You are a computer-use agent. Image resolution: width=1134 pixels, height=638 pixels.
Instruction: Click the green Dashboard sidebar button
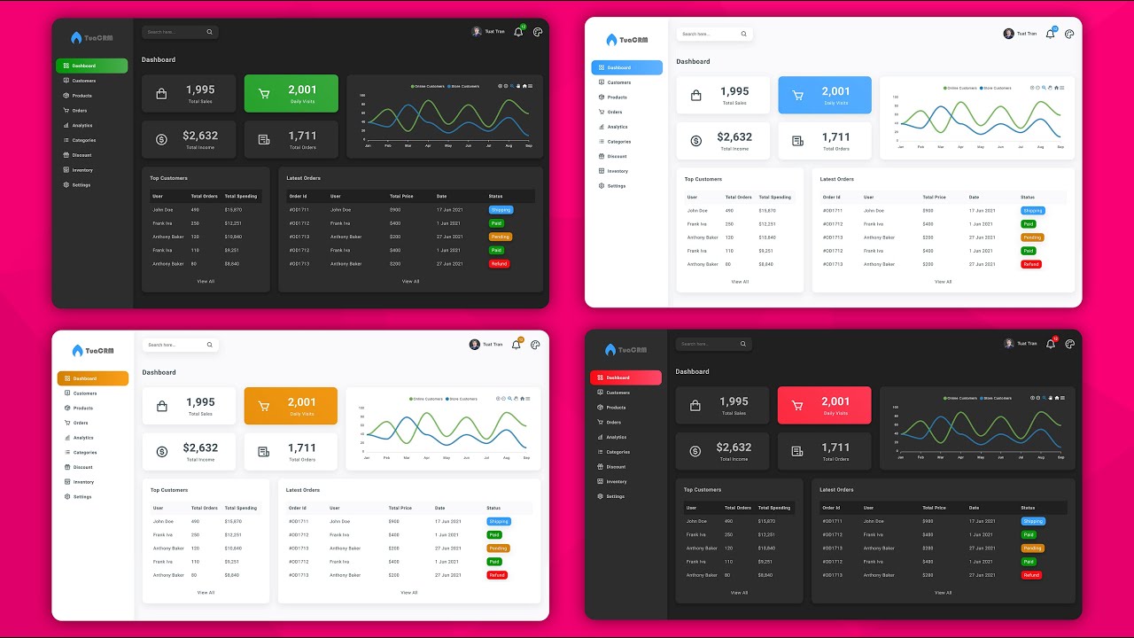tap(80, 66)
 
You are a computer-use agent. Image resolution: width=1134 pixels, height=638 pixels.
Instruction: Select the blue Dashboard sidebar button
tap(626, 67)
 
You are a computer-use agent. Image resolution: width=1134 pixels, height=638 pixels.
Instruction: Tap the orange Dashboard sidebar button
tap(92, 378)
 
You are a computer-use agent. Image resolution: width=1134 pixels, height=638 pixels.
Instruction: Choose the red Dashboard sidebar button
tap(625, 377)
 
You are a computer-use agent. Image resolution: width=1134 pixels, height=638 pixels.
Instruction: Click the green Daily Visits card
tap(291, 93)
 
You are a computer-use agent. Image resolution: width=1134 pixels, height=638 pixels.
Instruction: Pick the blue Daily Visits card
tap(825, 95)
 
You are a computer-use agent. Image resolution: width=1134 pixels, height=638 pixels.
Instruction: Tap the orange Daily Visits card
tap(291, 406)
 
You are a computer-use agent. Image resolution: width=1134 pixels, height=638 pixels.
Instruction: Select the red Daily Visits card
tap(825, 405)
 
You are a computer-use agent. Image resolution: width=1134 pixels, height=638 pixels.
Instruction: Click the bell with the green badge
tap(518, 32)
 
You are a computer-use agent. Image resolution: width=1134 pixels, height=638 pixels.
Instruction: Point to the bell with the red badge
tap(1051, 343)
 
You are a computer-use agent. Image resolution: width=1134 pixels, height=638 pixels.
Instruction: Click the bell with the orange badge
tap(517, 345)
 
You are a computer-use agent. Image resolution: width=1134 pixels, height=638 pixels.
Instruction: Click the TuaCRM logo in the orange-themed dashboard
tap(92, 350)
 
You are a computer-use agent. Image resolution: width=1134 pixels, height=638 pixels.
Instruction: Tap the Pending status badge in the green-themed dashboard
tap(500, 237)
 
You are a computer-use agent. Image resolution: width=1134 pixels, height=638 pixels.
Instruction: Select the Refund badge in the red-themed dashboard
tap(1031, 575)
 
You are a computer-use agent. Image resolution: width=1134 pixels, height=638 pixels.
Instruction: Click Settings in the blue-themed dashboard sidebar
tap(616, 186)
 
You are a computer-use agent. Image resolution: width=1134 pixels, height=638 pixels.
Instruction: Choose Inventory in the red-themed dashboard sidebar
tap(616, 482)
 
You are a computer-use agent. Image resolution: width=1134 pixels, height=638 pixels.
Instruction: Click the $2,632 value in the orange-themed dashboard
tap(200, 447)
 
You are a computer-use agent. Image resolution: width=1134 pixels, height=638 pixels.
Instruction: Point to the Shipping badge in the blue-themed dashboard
tap(1032, 211)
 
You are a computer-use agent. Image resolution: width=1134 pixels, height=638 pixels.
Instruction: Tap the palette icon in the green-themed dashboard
tap(538, 32)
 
